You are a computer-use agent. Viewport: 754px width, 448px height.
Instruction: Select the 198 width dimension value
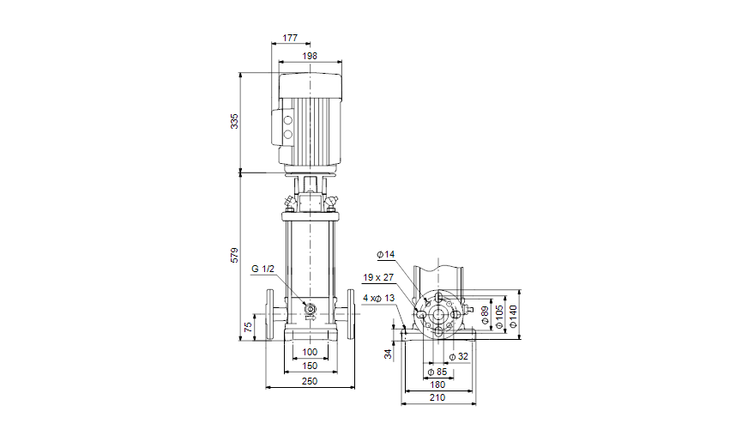click(310, 56)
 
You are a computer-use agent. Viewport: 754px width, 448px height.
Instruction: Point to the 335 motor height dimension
click(234, 122)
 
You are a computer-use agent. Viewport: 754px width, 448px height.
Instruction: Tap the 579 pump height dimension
click(234, 256)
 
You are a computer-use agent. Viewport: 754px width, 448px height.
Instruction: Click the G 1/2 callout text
click(263, 269)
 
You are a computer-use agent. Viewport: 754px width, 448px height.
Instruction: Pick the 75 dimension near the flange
click(248, 327)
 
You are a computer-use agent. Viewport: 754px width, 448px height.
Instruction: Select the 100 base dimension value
click(310, 353)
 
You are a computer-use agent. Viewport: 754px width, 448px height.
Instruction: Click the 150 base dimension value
click(310, 366)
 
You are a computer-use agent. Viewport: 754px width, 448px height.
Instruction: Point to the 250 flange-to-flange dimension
click(310, 381)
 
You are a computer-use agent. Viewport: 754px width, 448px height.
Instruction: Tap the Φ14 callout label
click(385, 254)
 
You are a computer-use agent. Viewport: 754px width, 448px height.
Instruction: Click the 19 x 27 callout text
click(378, 278)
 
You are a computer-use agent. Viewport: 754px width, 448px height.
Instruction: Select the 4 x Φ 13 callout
click(378, 298)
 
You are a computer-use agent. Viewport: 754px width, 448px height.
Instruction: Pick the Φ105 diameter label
click(499, 314)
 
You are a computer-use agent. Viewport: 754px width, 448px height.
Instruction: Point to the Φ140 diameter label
click(513, 314)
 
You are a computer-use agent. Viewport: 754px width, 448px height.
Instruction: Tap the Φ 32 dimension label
click(459, 357)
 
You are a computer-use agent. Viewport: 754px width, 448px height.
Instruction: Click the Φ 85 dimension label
click(437, 372)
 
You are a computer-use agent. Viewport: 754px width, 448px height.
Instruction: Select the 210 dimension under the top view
click(437, 397)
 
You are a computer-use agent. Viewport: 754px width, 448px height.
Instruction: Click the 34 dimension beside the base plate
click(388, 353)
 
